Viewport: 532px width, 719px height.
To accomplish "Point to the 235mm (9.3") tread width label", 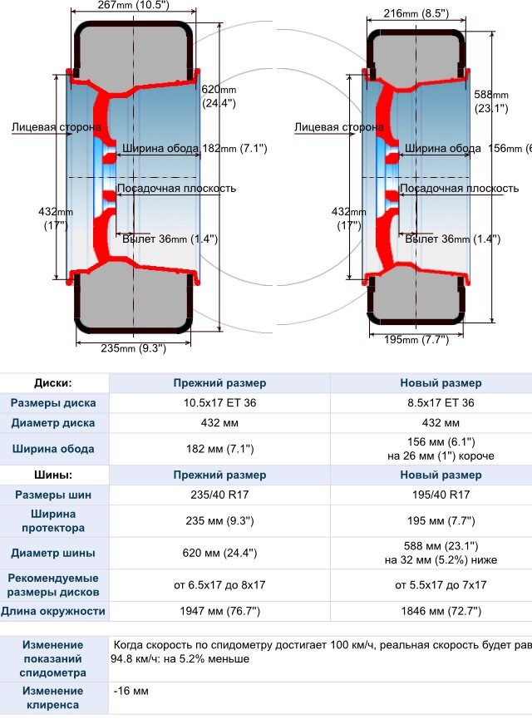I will pos(133,348).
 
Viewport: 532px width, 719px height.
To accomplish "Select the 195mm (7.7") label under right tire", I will pos(416,339).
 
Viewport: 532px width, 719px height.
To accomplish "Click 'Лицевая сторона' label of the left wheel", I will pos(57,128).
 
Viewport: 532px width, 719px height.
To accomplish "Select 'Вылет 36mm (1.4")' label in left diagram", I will pos(170,239).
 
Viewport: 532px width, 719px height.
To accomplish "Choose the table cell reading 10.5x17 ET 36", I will pos(219,403).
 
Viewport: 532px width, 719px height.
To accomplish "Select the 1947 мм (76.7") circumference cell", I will pos(219,612).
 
